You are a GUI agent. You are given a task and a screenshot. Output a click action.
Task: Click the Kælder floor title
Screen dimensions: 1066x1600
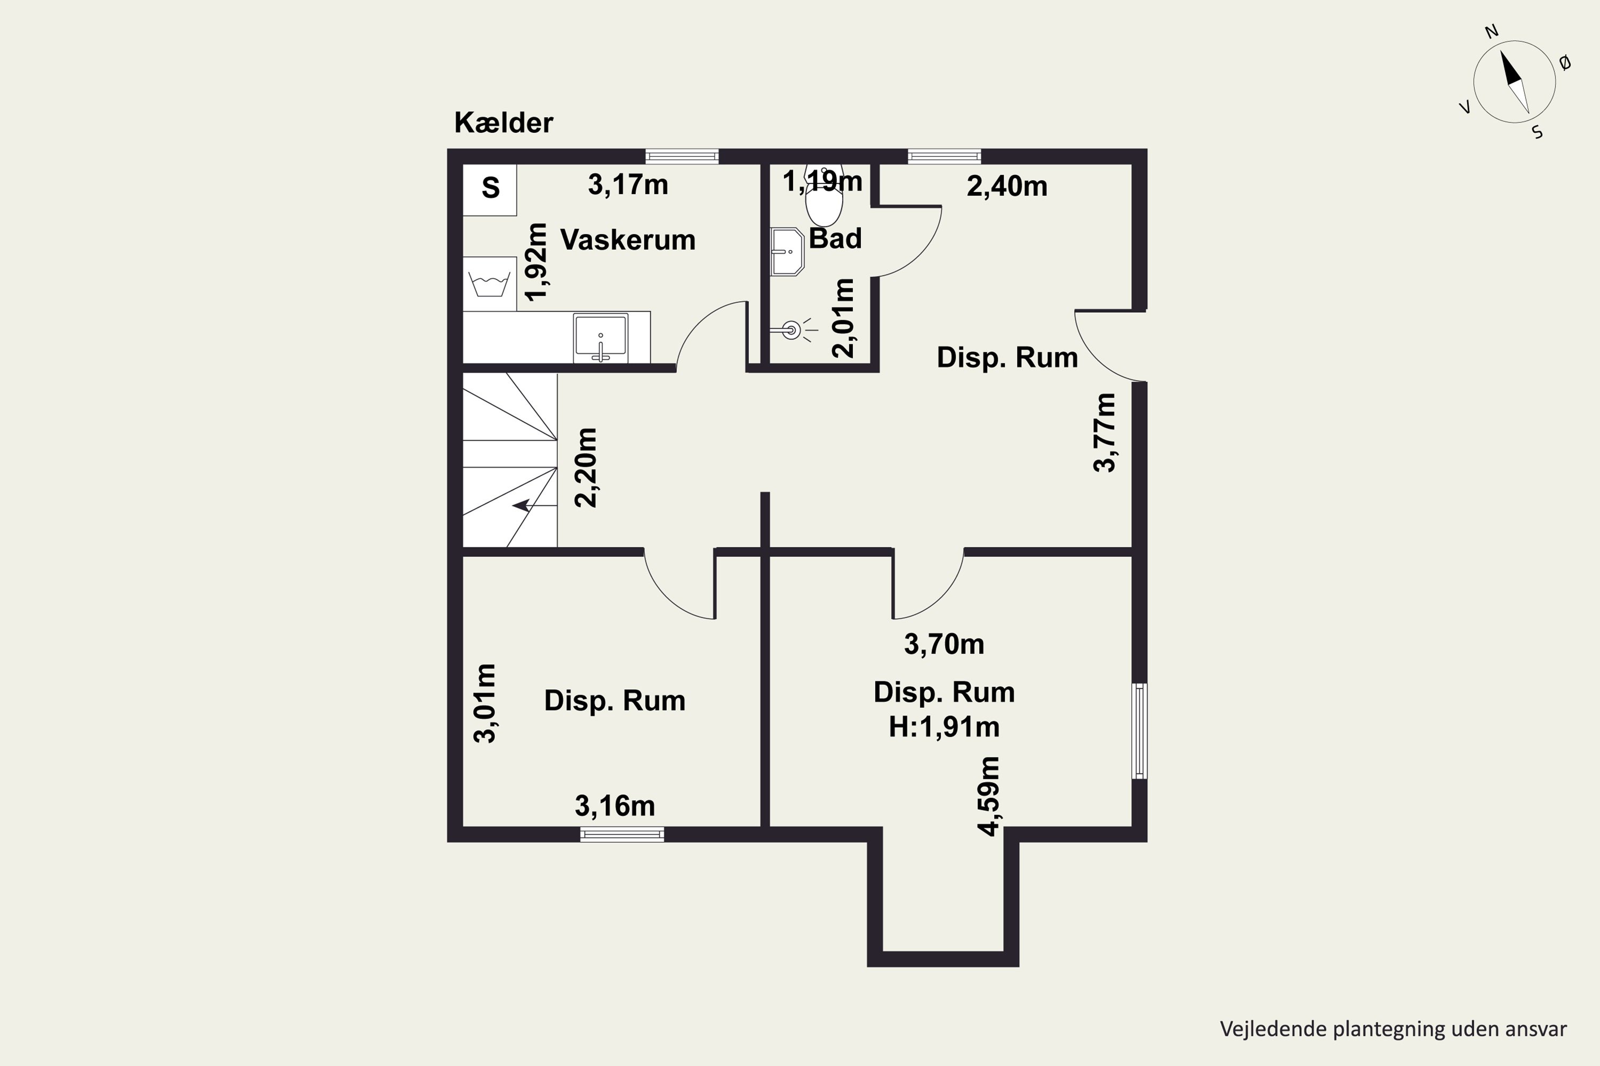click(503, 123)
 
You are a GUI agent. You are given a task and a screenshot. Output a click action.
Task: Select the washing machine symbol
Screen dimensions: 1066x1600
click(489, 284)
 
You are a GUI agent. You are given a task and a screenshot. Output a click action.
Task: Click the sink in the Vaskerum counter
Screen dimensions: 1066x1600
click(600, 336)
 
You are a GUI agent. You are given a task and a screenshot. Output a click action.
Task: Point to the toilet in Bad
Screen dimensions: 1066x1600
click(824, 197)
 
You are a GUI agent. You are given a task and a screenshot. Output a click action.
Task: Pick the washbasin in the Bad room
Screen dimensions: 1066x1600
click(787, 252)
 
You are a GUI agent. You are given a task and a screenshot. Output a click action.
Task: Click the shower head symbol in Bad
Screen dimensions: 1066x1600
click(790, 331)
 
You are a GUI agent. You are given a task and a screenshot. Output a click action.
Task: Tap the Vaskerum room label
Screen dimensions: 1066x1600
click(627, 240)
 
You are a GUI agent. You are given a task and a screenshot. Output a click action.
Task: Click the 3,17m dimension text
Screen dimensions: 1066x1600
click(628, 185)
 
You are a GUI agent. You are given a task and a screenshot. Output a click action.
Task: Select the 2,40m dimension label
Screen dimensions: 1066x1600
click(1007, 186)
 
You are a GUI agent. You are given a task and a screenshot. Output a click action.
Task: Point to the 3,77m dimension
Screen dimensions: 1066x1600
click(1105, 432)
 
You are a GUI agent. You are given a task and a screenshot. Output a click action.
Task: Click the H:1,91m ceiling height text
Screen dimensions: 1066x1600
click(943, 728)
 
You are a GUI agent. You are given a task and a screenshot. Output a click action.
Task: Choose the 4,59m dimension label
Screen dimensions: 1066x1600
click(988, 796)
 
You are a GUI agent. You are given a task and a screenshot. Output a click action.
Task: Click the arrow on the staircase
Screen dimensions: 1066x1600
click(522, 505)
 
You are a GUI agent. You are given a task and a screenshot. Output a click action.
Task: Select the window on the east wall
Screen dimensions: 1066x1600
click(1139, 731)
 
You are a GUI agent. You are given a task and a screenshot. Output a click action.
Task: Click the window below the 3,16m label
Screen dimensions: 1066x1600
click(622, 834)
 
